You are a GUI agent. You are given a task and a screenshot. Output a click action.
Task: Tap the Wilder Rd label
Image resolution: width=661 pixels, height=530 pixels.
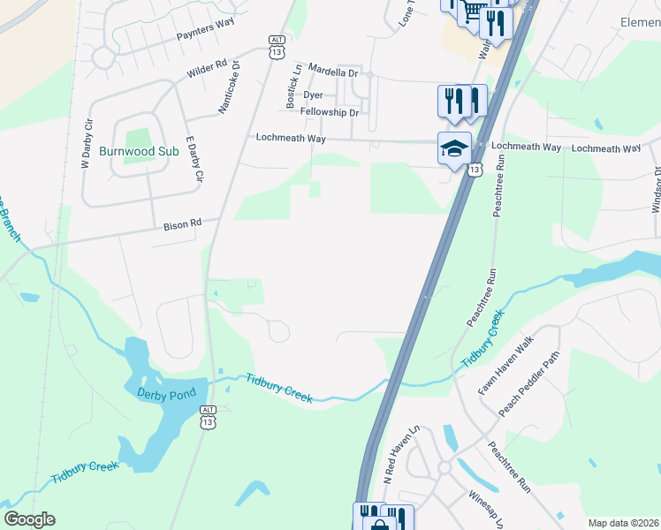tap(207, 69)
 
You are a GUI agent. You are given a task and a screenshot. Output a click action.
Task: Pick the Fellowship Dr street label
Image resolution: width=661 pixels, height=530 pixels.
tap(329, 112)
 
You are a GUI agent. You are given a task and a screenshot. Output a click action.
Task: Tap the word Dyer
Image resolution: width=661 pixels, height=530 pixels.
tap(313, 94)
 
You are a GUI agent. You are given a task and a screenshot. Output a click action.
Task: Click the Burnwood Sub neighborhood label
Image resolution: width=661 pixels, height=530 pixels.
tap(139, 152)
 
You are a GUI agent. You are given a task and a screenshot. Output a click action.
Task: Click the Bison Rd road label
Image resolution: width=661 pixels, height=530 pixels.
tap(183, 225)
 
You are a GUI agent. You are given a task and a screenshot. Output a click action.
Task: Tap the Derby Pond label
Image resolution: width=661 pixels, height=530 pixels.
tap(163, 392)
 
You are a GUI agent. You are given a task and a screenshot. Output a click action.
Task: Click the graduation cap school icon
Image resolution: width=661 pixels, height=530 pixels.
tap(454, 148)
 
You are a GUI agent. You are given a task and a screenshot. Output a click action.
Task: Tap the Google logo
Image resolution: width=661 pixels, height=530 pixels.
tap(29, 519)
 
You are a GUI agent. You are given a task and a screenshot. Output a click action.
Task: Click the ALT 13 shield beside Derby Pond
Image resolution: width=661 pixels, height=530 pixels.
tap(208, 418)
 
